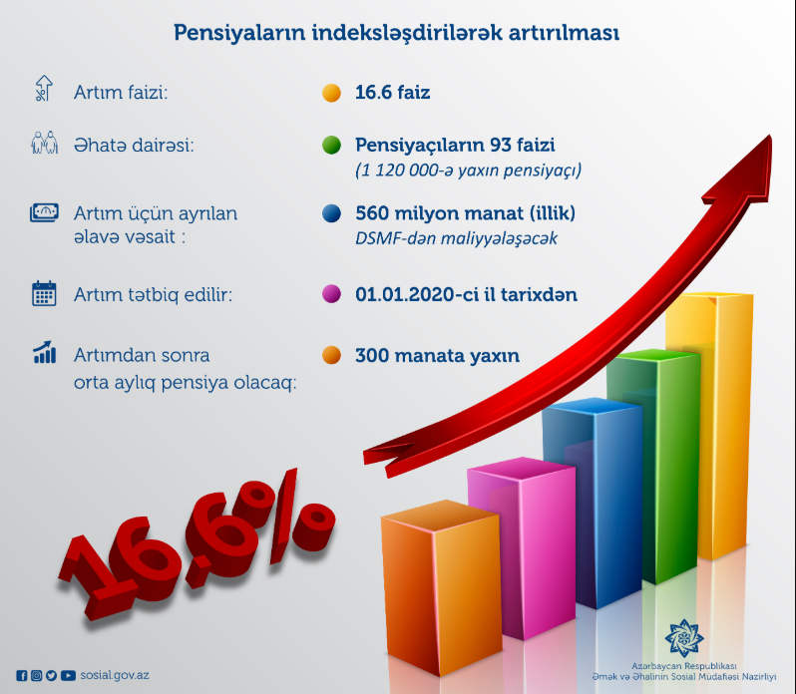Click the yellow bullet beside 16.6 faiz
click(331, 93)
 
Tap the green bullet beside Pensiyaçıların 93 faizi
click(331, 146)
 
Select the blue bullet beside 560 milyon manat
click(331, 213)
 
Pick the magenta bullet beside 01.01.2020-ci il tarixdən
click(331, 294)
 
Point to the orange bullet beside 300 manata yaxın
click(331, 355)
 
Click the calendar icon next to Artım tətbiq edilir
click(44, 293)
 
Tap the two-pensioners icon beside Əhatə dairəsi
click(44, 143)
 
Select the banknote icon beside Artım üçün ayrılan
click(44, 212)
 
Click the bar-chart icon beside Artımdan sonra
click(44, 352)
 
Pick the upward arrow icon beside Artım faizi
click(44, 88)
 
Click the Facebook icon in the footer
click(22, 676)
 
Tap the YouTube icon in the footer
click(68, 676)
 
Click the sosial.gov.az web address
click(115, 675)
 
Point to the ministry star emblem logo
click(684, 638)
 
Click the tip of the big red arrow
click(770, 136)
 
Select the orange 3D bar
click(441, 587)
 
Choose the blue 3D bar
click(592, 503)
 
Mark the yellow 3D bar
click(709, 426)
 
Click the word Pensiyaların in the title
click(239, 33)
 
